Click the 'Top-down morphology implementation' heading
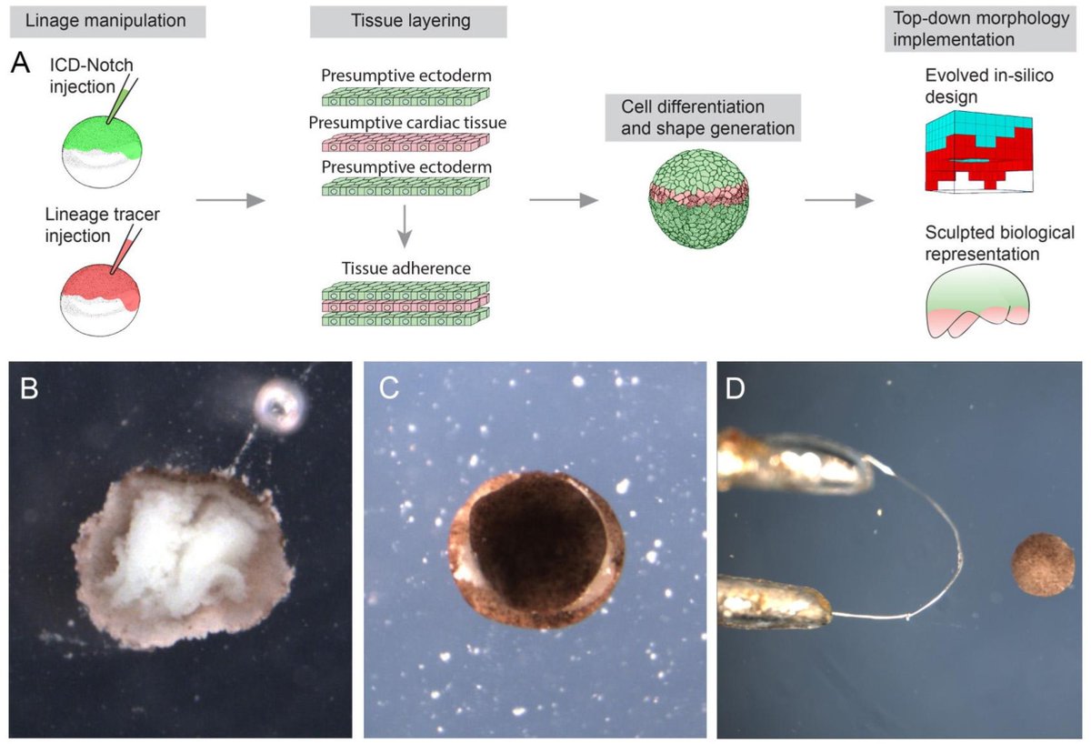coord(975,31)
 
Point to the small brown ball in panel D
coord(1044,566)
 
